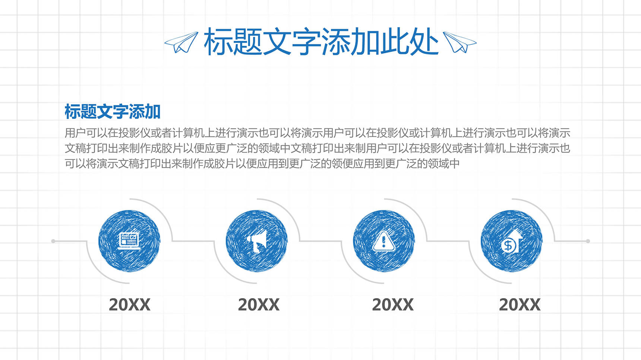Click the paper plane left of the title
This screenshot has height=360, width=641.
click(x=181, y=42)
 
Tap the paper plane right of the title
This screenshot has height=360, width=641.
click(x=460, y=42)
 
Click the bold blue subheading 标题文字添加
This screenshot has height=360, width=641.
click(x=113, y=111)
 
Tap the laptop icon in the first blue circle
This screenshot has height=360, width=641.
click(x=129, y=241)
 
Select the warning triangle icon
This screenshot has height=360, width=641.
click(x=384, y=241)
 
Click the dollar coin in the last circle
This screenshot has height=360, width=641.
click(x=508, y=246)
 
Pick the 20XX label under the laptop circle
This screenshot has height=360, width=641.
click(x=129, y=305)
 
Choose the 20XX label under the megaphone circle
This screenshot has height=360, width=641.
click(x=259, y=305)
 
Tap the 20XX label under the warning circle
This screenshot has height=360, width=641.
click(x=393, y=305)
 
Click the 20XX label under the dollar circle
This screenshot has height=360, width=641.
click(x=520, y=305)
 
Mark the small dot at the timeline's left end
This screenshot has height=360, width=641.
click(x=53, y=241)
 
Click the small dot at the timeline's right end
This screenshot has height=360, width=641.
click(x=588, y=241)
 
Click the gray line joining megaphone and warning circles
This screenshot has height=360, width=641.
click(x=321, y=241)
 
